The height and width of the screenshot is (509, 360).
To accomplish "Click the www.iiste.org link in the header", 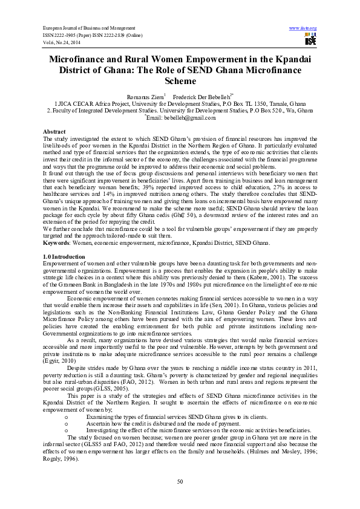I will (303, 28).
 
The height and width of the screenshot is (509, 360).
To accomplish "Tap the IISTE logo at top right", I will (310, 40).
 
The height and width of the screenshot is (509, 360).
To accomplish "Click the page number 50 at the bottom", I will (180, 481).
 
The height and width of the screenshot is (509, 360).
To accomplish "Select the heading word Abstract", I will (54, 131).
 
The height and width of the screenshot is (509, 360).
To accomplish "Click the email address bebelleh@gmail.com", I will (178, 119).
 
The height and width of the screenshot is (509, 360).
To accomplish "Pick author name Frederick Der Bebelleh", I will (197, 96).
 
